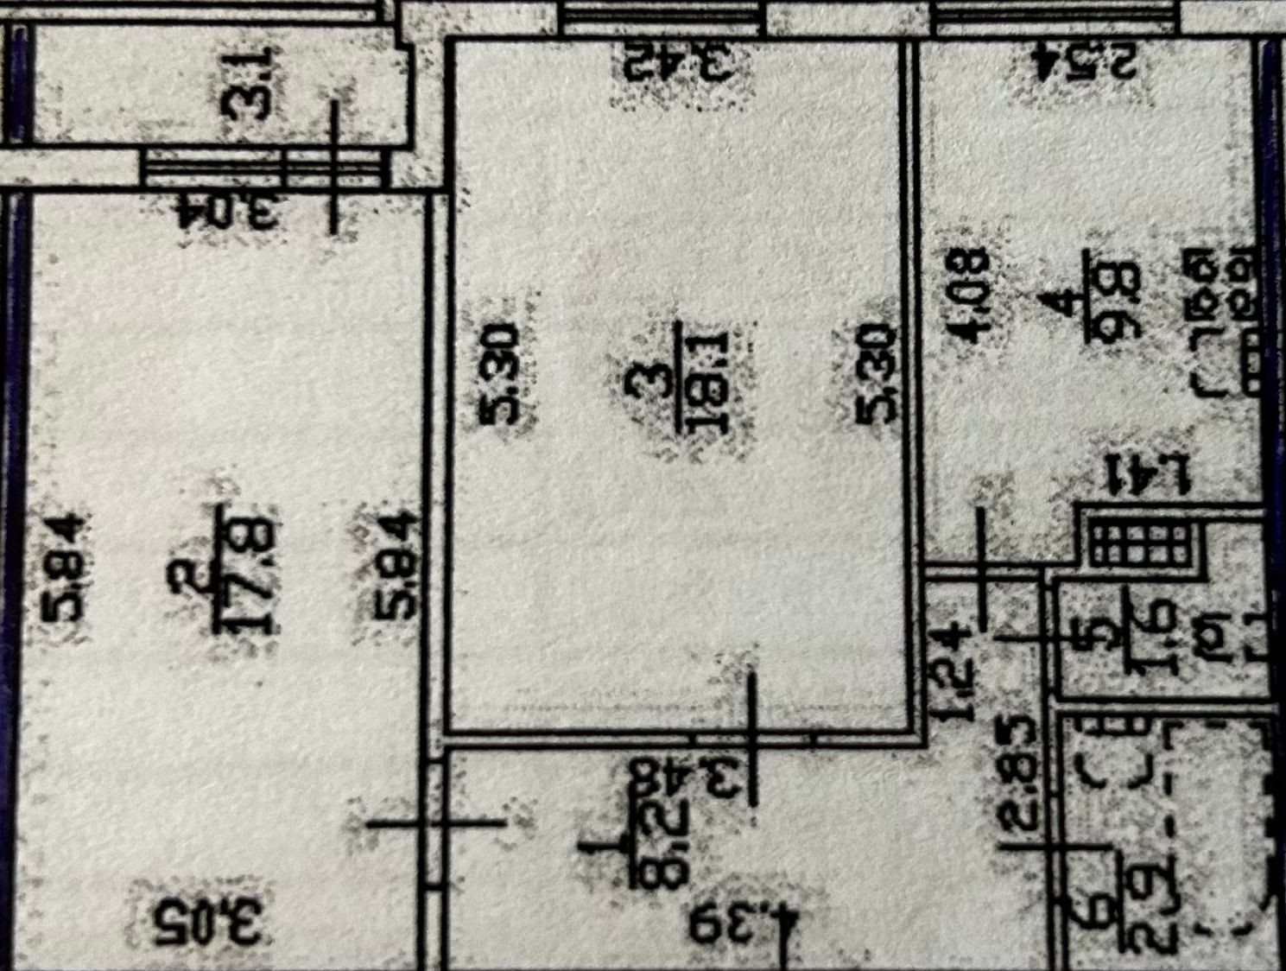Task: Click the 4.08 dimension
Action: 972,295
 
